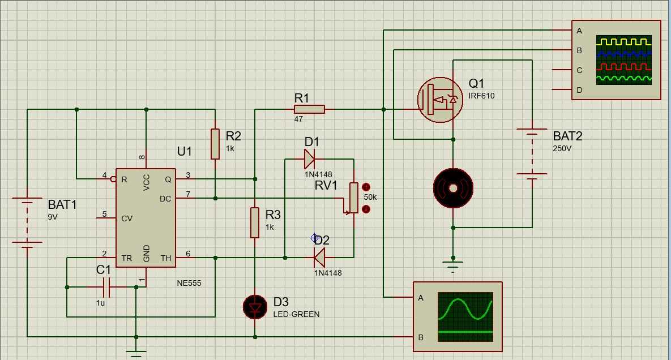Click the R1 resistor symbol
(309, 109)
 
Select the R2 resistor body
(215, 144)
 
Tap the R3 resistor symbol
(255, 222)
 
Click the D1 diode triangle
(309, 159)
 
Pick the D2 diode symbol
(319, 258)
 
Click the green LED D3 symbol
(255, 307)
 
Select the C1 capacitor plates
(110, 287)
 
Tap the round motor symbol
(453, 188)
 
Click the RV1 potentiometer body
(353, 198)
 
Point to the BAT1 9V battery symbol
(27, 221)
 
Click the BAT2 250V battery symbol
(532, 153)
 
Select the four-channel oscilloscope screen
(623, 60)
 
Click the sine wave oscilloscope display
(465, 316)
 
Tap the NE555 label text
(189, 283)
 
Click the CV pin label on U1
(127, 218)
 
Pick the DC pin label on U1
(165, 198)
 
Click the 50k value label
(370, 197)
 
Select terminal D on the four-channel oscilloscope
(579, 90)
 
